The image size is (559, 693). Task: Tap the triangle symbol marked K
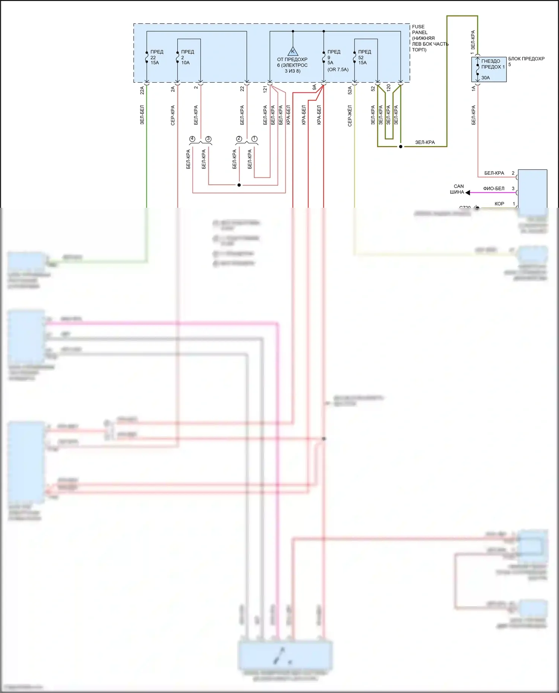pyautogui.click(x=293, y=51)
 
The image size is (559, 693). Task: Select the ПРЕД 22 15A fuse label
pyautogui.click(x=157, y=57)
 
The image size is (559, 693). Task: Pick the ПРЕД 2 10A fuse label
pyautogui.click(x=187, y=57)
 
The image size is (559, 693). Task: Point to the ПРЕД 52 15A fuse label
pyautogui.click(x=364, y=57)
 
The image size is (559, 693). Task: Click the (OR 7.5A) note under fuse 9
pyautogui.click(x=338, y=70)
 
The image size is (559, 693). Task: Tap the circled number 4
pyautogui.click(x=192, y=139)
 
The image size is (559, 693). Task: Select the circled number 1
pyautogui.click(x=255, y=139)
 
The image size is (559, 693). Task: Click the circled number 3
pyautogui.click(x=208, y=139)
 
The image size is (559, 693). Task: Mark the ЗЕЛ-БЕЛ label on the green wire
pyautogui.click(x=142, y=115)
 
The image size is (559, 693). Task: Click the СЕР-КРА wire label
pyautogui.click(x=173, y=115)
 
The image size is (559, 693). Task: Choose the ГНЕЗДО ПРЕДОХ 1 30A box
pyautogui.click(x=489, y=69)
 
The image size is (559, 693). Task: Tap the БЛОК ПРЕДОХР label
pyautogui.click(x=526, y=59)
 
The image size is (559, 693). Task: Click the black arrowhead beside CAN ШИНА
pyautogui.click(x=468, y=193)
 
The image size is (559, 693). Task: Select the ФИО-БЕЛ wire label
pyautogui.click(x=493, y=188)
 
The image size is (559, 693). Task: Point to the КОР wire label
pyautogui.click(x=499, y=204)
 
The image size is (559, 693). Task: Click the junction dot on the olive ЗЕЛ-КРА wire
pyautogui.click(x=401, y=146)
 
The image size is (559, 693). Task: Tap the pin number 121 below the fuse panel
pyautogui.click(x=265, y=89)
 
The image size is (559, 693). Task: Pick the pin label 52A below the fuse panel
pyautogui.click(x=350, y=90)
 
